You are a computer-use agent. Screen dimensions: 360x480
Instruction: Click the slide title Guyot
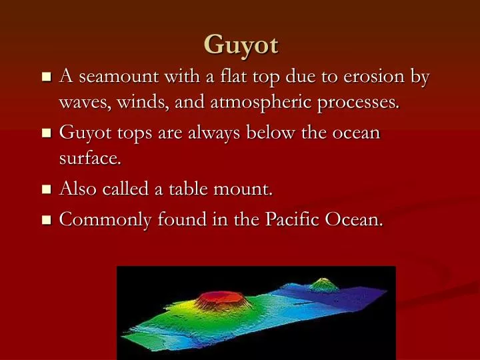tap(241, 45)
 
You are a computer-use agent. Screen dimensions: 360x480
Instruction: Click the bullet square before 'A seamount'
tap(45, 77)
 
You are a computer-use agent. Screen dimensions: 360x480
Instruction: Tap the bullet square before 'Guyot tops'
tap(45, 133)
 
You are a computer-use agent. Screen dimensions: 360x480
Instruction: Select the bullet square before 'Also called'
tap(45, 190)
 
